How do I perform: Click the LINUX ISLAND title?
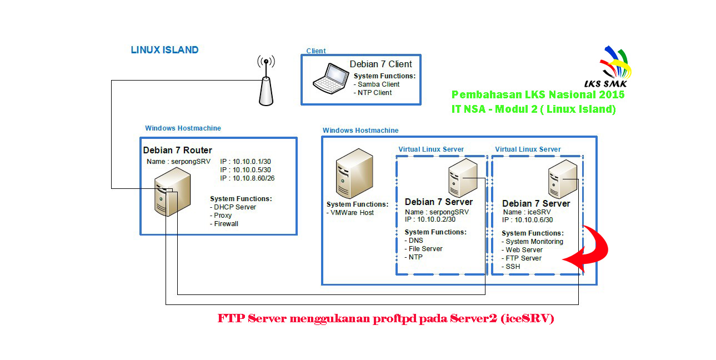coord(164,49)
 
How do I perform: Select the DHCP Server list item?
coord(235,207)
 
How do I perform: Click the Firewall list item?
coord(226,224)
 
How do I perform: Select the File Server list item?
coord(425,249)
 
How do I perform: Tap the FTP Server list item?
coord(523,258)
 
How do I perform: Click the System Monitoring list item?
coord(534,242)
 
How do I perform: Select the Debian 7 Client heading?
coord(380,64)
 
